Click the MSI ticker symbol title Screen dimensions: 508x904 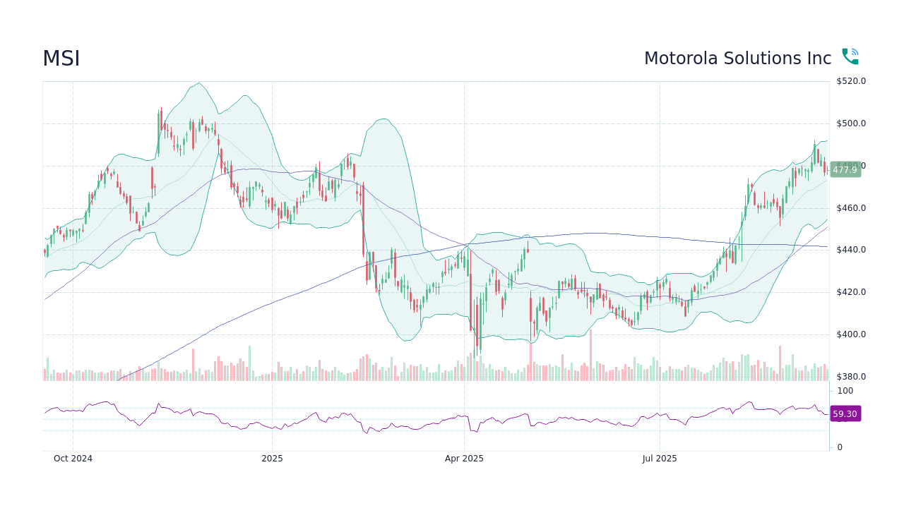(61, 59)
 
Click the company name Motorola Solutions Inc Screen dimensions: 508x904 (737, 59)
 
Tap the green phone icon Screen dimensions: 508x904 (850, 57)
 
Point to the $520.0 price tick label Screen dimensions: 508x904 (851, 81)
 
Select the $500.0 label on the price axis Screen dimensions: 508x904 (851, 123)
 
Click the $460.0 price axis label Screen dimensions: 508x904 (851, 208)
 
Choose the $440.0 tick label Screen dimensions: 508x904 (851, 250)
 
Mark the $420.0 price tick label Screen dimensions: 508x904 (851, 292)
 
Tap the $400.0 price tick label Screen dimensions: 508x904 (851, 334)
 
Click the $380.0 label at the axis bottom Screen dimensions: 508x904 (851, 377)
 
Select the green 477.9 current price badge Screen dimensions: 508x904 (845, 169)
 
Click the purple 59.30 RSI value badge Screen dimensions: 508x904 (845, 414)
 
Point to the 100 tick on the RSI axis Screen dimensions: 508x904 (845, 391)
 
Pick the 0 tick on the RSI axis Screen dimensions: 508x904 (840, 447)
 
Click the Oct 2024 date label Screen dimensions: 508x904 (73, 459)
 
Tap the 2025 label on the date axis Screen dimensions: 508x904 (272, 459)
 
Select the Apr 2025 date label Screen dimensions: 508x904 (464, 459)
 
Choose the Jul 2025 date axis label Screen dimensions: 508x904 (660, 459)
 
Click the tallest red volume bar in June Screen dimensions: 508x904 (590, 355)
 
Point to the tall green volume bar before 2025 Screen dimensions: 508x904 (249, 363)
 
